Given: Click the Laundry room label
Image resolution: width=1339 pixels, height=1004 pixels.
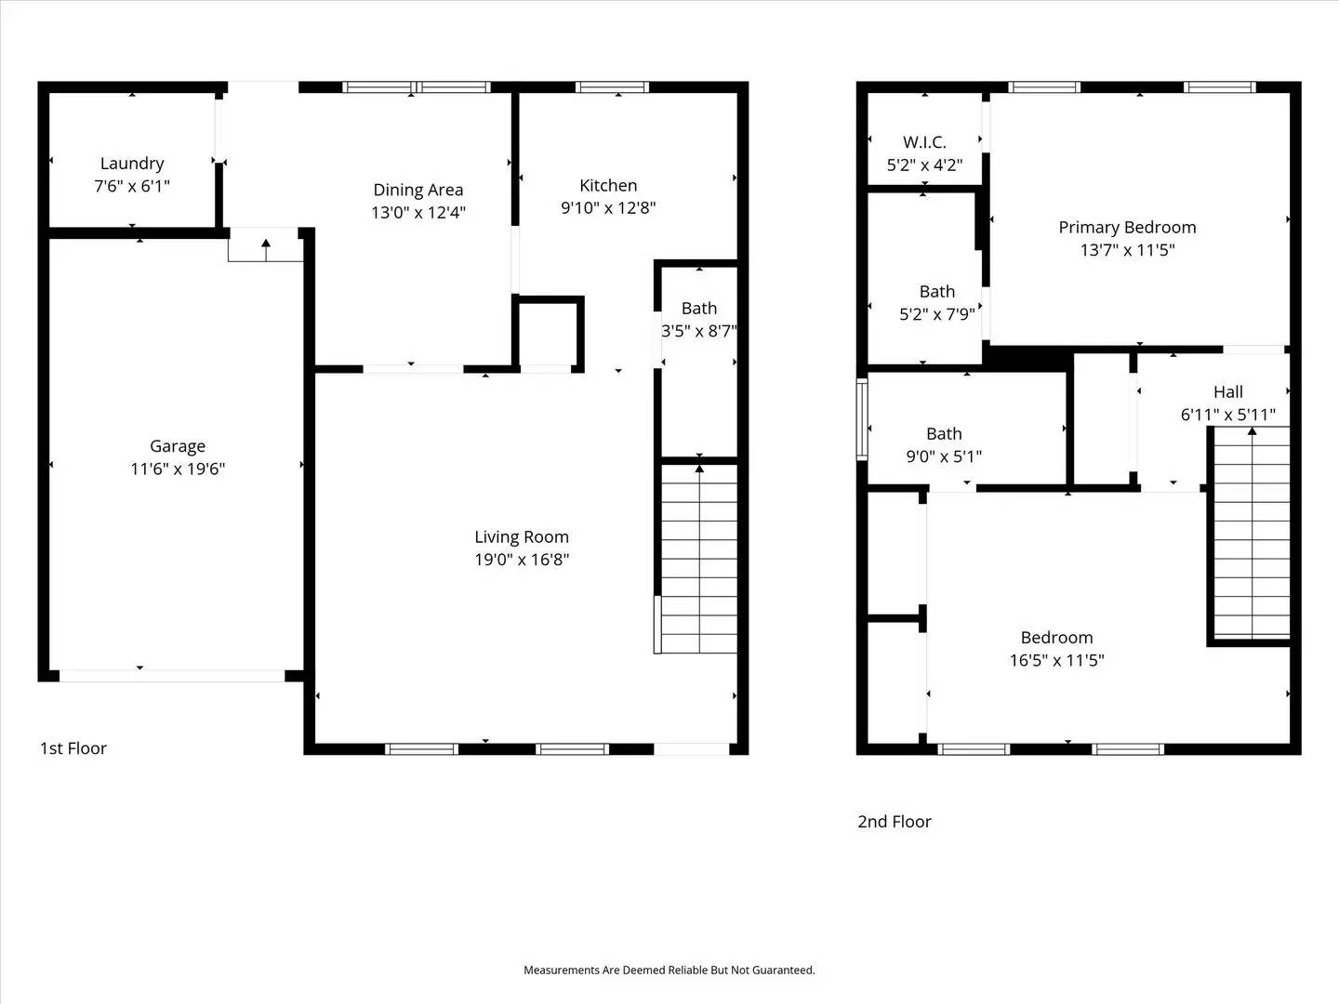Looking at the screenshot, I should (x=132, y=164).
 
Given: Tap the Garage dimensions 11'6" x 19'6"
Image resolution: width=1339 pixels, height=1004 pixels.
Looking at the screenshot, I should (x=178, y=469).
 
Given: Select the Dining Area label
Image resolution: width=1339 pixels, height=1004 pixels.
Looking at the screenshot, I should (x=418, y=190).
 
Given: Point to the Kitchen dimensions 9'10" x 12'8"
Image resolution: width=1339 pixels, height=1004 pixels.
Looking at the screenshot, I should (x=608, y=208).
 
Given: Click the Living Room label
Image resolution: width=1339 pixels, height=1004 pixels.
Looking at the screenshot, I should (x=521, y=536).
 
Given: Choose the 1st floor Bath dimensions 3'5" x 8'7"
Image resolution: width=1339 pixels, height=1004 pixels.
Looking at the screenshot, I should (x=699, y=331).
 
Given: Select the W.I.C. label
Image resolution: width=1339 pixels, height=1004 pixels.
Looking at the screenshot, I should (x=924, y=142).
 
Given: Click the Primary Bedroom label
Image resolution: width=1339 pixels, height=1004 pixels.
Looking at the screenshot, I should (x=1127, y=227).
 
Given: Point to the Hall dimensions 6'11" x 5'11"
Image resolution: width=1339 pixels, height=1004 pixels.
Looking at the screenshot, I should (x=1227, y=415).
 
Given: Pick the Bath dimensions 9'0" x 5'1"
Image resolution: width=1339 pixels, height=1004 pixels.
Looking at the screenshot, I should (x=944, y=456).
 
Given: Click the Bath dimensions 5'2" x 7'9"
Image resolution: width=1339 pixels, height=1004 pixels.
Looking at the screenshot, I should (x=936, y=314).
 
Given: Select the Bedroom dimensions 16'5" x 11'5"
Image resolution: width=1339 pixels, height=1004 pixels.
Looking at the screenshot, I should (x=1056, y=660).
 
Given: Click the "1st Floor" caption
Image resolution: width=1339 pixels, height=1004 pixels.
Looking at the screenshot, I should (x=73, y=748).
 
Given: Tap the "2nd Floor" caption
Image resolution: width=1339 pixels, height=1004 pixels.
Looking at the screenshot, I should (x=894, y=822).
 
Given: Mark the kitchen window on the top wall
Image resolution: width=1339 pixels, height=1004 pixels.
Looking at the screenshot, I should (x=612, y=87).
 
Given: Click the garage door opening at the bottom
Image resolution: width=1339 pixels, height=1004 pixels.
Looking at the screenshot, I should (x=172, y=676).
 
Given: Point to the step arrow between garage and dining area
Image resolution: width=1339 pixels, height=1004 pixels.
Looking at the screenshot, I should (x=266, y=248).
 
